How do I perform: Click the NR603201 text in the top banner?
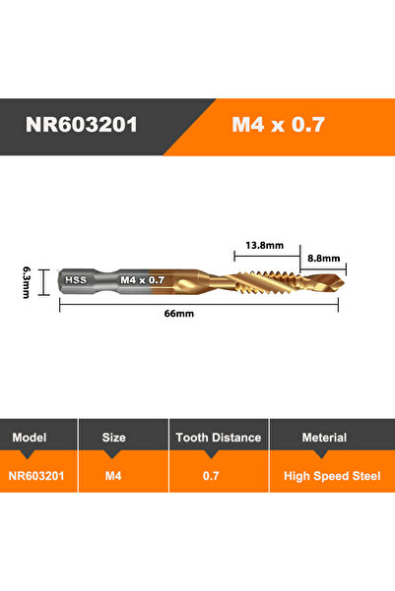tap(88, 127)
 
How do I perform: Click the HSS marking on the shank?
tap(76, 279)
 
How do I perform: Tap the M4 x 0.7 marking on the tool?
tap(142, 279)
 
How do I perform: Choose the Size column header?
tap(114, 437)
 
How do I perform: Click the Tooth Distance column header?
tap(219, 437)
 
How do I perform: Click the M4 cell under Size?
tap(113, 475)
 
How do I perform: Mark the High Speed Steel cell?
tap(332, 475)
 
